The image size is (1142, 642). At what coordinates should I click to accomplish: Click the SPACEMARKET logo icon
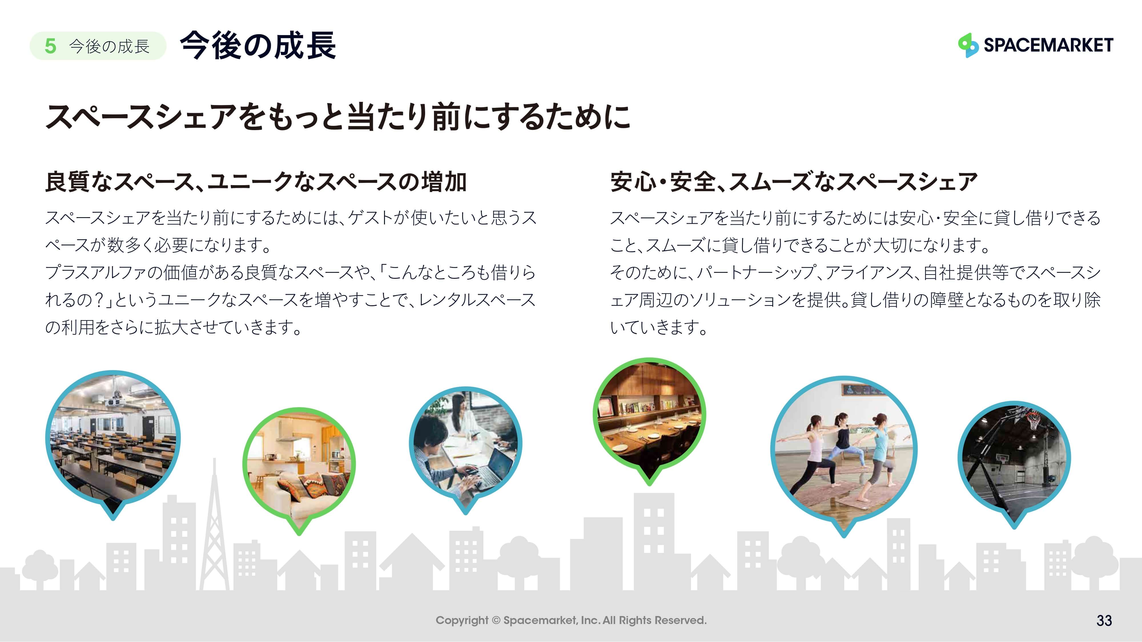click(968, 45)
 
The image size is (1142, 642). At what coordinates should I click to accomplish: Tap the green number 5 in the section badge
click(51, 46)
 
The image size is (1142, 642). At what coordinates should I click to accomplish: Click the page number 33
click(1104, 620)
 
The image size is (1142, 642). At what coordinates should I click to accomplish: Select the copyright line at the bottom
click(571, 620)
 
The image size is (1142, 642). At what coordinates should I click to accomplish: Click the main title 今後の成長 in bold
click(258, 45)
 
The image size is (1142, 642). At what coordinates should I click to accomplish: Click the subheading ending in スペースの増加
click(256, 182)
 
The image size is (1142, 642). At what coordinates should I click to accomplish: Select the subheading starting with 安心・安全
click(794, 182)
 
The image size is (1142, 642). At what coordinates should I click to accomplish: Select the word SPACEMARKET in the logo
click(1048, 45)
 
